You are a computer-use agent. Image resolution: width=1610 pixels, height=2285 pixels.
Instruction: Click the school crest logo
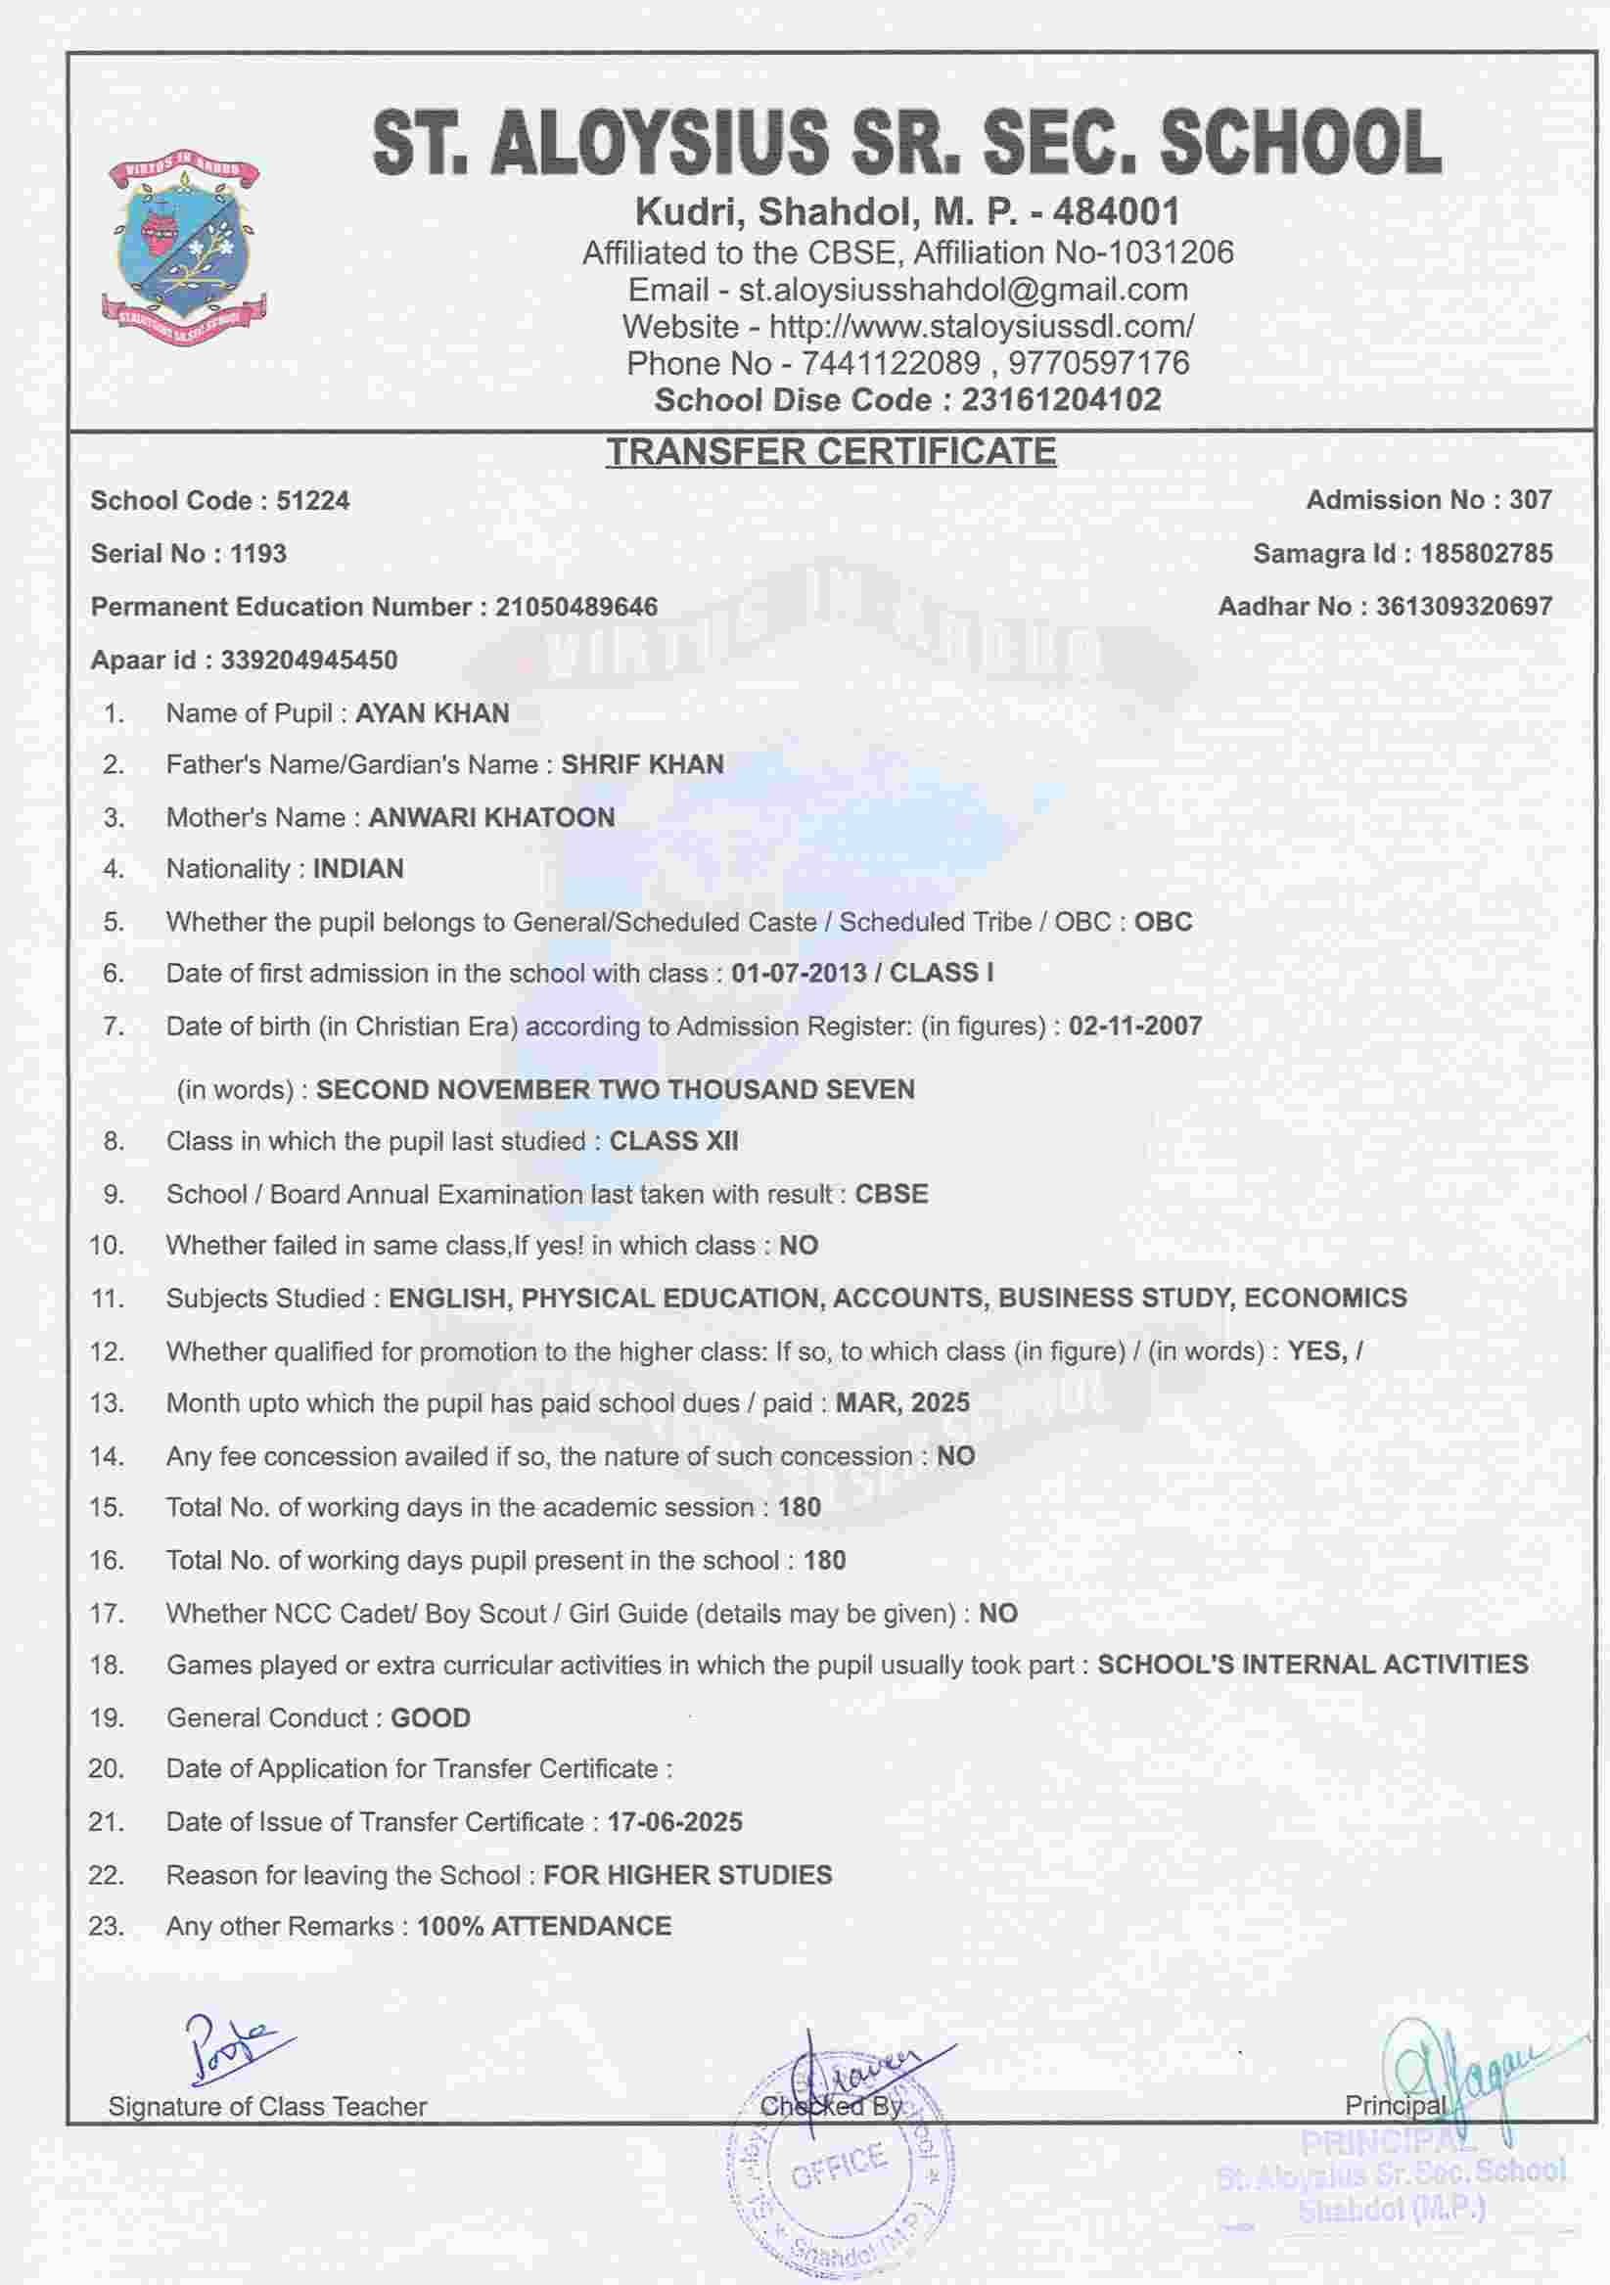point(184,252)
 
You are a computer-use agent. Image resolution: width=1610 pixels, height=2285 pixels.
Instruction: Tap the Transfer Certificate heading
point(831,452)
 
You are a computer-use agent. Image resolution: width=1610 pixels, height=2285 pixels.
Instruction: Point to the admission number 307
point(1531,500)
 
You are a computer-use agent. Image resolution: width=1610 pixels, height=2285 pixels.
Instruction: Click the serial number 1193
point(257,553)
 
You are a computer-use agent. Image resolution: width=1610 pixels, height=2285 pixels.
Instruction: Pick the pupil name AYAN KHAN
point(432,713)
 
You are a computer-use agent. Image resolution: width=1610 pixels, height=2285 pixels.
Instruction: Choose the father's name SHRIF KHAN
point(642,764)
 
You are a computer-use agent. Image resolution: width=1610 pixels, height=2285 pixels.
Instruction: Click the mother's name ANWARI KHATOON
point(491,817)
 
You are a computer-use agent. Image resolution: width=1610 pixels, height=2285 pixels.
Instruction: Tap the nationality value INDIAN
point(358,869)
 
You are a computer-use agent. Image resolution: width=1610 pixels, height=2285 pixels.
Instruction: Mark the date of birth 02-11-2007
point(1134,1027)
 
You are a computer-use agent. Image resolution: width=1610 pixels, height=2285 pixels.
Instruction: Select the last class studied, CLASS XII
point(673,1140)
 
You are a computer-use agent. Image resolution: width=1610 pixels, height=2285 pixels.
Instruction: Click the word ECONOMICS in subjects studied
point(1325,1298)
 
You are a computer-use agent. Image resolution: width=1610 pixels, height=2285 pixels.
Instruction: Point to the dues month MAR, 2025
point(901,1402)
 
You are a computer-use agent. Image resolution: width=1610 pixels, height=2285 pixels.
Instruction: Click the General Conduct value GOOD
point(430,1717)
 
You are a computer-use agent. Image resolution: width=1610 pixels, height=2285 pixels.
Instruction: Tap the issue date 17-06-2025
point(674,1822)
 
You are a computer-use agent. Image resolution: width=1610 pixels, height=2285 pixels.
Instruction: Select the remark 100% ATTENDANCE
point(543,1926)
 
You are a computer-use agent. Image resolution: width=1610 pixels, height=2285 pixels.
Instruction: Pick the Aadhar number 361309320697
point(1464,606)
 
